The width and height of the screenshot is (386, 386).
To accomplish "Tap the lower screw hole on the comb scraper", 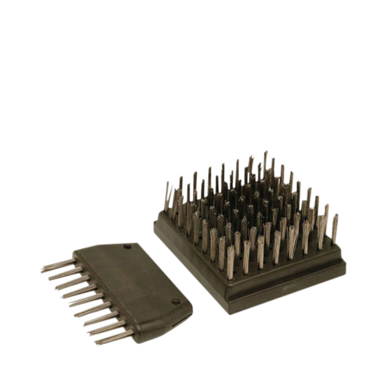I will [175, 302].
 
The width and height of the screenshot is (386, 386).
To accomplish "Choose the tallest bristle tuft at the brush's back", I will [265, 157].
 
